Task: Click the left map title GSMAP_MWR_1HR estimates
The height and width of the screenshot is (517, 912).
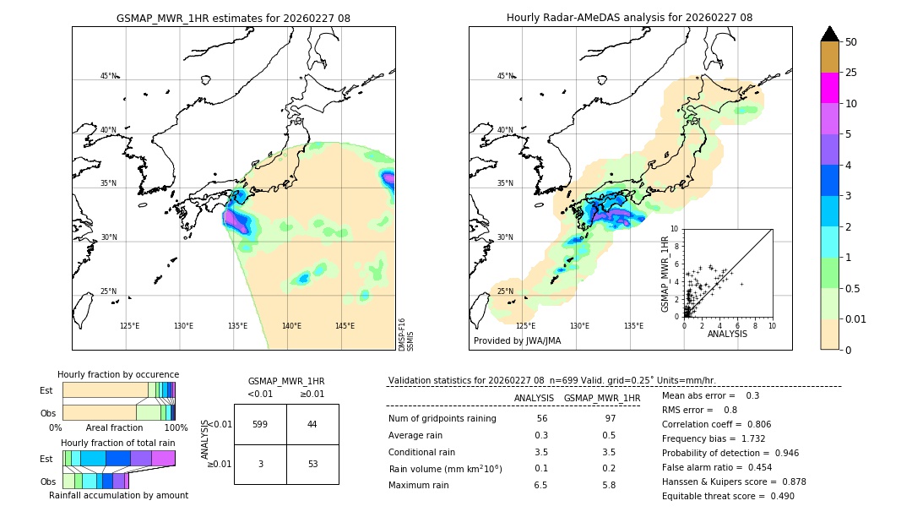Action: pos(233,18)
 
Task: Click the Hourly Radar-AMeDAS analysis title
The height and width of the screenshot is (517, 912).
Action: pos(629,18)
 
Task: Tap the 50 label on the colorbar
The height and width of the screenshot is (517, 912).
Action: pos(851,42)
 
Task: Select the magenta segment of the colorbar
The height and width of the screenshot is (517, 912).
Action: pos(830,88)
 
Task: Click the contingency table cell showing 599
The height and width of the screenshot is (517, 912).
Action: pos(260,424)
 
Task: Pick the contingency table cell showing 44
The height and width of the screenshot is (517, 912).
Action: pos(312,424)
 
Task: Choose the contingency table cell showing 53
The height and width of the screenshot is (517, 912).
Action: pos(312,464)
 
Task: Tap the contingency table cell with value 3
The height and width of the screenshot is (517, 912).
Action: pos(260,464)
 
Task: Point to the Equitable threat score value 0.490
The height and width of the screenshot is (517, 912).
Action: pos(777,496)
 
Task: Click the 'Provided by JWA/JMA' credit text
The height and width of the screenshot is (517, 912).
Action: pos(517,340)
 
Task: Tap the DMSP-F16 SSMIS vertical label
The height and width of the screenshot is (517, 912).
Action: pos(406,335)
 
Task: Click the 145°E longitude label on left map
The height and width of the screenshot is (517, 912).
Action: pos(345,326)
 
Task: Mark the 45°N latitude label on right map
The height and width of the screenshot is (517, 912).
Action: pos(505,76)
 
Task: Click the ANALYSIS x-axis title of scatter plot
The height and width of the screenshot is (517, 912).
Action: pos(727,334)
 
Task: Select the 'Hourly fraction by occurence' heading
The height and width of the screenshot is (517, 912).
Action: pos(118,374)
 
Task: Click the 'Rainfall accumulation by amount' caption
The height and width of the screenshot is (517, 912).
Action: pos(118,495)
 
